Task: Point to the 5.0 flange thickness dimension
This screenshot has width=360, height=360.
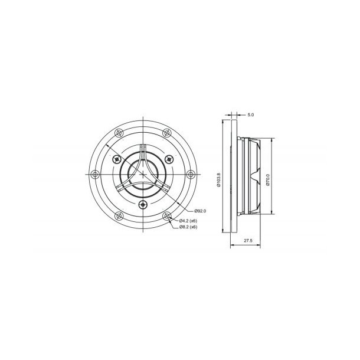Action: click(251, 115)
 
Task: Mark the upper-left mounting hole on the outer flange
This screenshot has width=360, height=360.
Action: click(119, 133)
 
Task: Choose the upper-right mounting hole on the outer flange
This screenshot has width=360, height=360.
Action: click(166, 133)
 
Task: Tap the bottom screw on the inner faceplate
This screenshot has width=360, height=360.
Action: click(143, 204)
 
